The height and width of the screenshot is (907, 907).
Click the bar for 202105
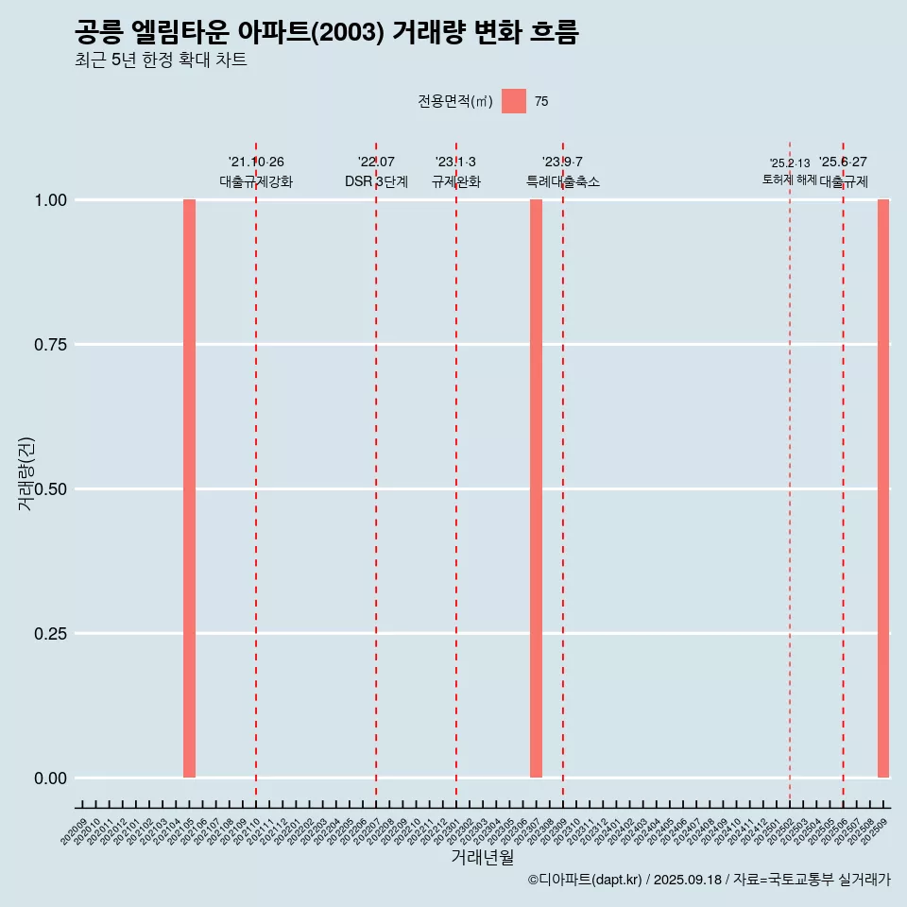189,488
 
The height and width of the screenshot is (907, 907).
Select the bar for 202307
536,488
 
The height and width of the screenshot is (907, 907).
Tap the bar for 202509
883,488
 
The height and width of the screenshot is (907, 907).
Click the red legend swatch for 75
514,101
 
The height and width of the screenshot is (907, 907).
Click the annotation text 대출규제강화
256,181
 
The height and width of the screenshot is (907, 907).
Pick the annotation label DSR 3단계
376,181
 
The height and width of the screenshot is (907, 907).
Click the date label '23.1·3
455,163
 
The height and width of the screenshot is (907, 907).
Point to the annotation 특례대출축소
563,181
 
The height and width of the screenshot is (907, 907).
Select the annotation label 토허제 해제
790,180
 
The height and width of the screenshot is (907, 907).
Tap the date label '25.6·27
843,163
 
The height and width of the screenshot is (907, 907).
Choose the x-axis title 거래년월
483,857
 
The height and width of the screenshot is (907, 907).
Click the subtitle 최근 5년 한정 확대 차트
161,60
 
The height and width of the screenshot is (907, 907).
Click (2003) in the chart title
347,33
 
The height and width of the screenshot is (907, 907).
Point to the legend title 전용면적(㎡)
454,102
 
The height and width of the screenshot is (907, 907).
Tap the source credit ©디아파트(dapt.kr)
585,880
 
